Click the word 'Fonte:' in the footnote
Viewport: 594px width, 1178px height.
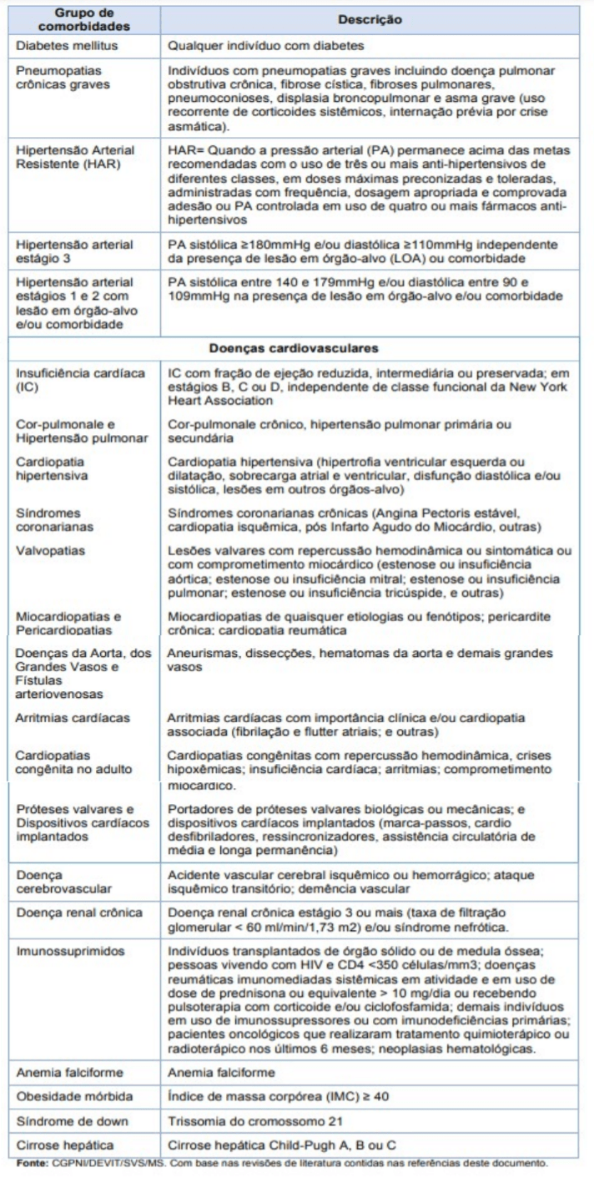23,1174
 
